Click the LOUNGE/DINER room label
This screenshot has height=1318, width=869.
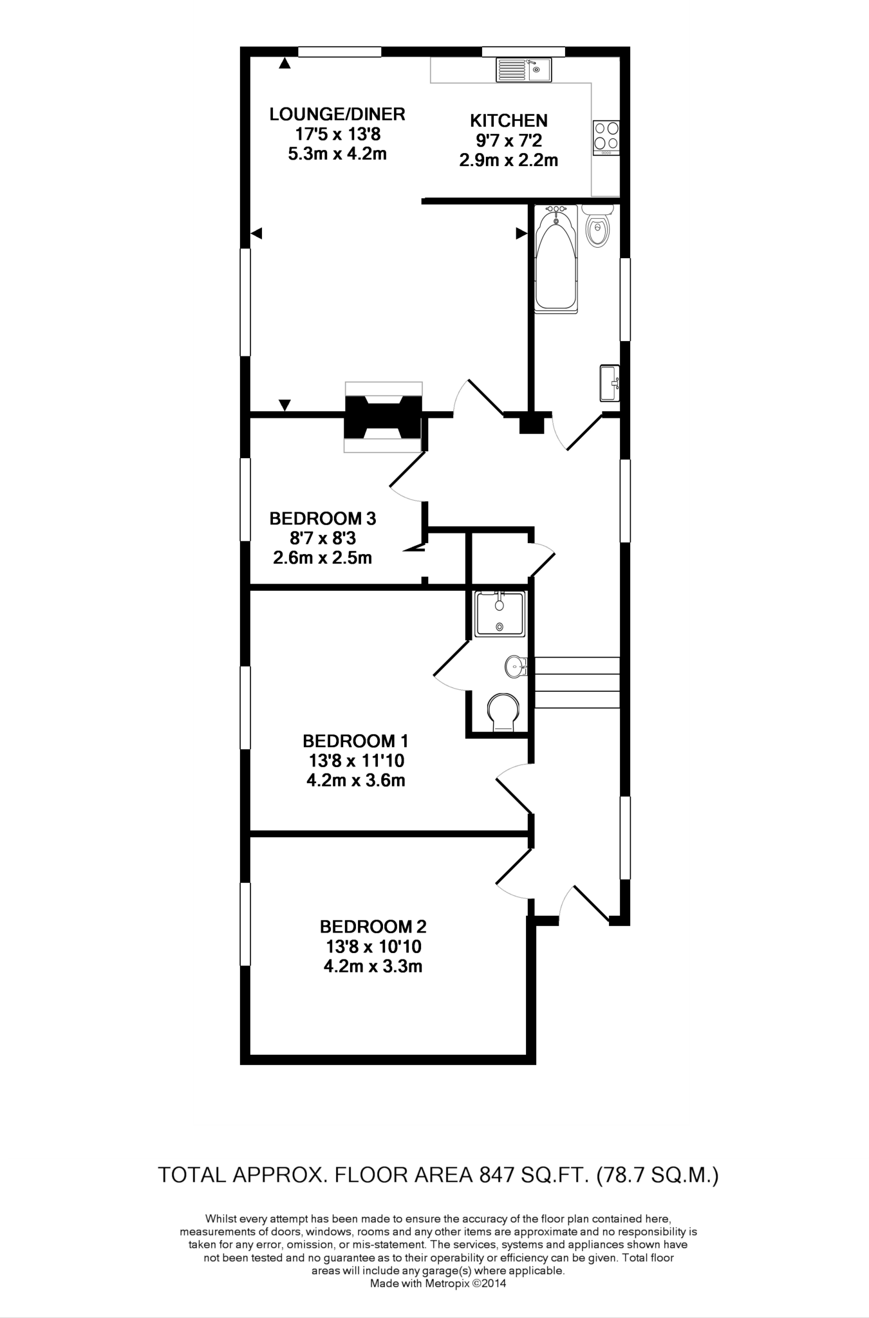click(337, 115)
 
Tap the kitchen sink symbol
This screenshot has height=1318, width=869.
click(523, 70)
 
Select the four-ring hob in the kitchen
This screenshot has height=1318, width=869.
click(606, 136)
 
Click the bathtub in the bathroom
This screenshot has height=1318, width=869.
click(556, 261)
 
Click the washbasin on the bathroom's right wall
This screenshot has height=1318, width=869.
click(610, 383)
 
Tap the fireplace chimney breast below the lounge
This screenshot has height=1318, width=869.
click(383, 418)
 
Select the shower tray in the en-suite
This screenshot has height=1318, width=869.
click(500, 614)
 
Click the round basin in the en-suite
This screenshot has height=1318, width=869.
click(514, 666)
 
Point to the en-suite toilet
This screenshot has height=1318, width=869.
click(503, 713)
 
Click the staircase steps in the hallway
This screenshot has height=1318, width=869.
click(577, 682)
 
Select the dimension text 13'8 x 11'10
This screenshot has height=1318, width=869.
click(356, 761)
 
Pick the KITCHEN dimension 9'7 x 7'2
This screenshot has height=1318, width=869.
click(509, 140)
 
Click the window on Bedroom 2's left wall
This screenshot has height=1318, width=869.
click(245, 924)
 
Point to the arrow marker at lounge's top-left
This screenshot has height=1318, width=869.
click(285, 63)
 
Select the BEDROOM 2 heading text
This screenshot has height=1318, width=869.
click(373, 927)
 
